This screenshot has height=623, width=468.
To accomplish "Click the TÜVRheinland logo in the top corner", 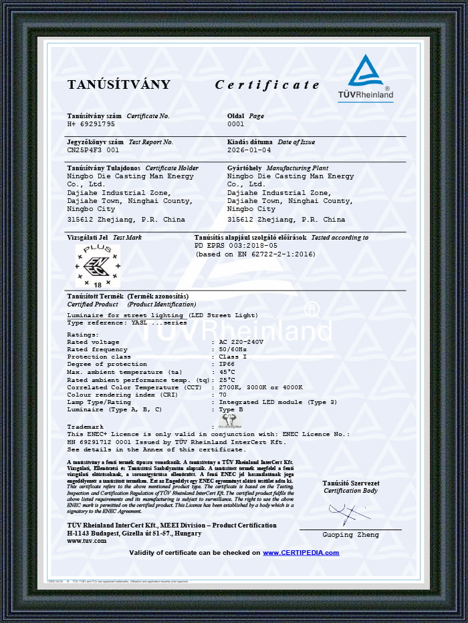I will [x=365, y=78].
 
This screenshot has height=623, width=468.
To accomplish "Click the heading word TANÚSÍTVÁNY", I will [x=118, y=85].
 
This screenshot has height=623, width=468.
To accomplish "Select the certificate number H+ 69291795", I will [x=91, y=124].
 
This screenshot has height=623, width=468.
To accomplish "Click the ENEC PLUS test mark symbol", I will [x=97, y=266].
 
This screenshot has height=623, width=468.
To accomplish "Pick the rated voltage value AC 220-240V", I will [x=241, y=342].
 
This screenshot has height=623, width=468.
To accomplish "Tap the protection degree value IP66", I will [x=226, y=364].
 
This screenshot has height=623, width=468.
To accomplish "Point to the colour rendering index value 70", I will [x=223, y=394].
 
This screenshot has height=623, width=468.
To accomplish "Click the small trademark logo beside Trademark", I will [x=229, y=421].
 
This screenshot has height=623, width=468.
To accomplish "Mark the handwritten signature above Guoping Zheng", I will [x=349, y=514].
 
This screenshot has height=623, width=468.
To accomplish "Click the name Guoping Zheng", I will [x=350, y=535].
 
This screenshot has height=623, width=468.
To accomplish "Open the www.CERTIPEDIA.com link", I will [x=301, y=553].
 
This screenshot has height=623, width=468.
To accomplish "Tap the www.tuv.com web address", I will [x=86, y=541].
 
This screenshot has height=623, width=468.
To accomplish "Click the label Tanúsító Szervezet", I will [x=350, y=483].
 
